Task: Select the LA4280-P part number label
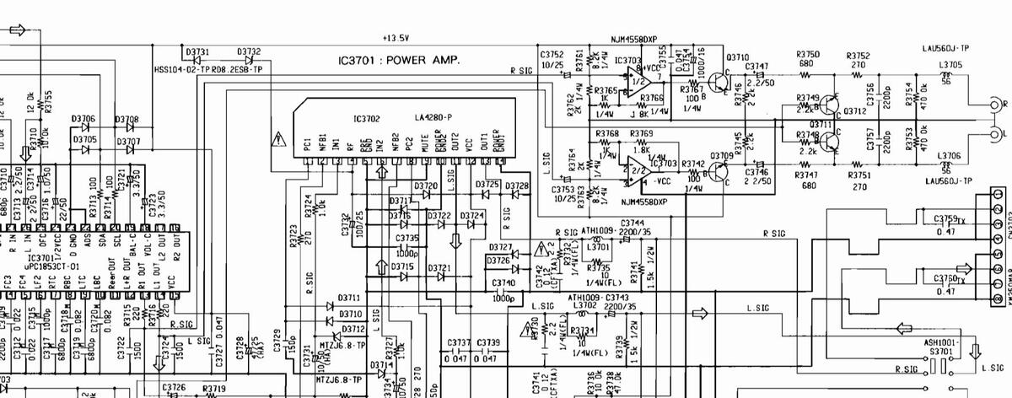pyautogui.click(x=433, y=116)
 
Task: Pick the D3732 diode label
pyautogui.click(x=249, y=51)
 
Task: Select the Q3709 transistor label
pyautogui.click(x=721, y=155)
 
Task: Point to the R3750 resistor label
pyautogui.click(x=808, y=54)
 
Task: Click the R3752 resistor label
pyautogui.click(x=858, y=54)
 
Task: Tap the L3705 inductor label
pyautogui.click(x=950, y=64)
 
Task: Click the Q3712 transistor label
pyautogui.click(x=855, y=110)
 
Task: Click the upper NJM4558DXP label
pyautogui.click(x=638, y=40)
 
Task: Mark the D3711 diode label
pyautogui.click(x=348, y=298)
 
